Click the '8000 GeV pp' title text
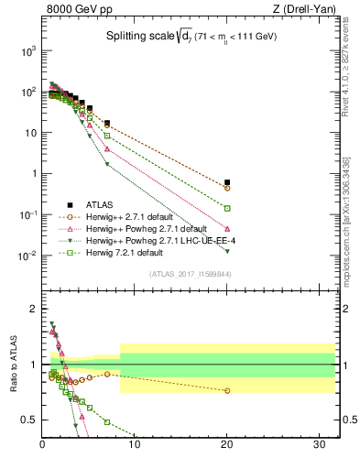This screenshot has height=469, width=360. point(76,10)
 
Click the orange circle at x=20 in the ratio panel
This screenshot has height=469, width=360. point(227,390)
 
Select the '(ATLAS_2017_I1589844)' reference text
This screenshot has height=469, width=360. point(191,273)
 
